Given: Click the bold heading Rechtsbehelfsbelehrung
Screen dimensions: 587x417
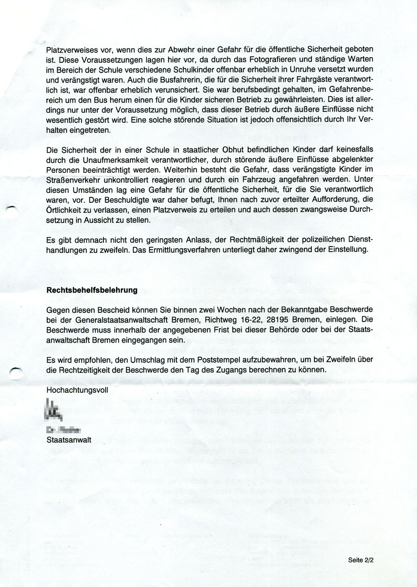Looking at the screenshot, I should [92, 290].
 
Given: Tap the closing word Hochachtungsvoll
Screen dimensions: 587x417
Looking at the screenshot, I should [77, 390].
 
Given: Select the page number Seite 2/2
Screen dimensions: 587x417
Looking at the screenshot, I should [360, 560].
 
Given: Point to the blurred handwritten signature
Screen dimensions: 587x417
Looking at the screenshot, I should [55, 411].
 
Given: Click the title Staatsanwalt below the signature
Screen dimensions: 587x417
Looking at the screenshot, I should [69, 438].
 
